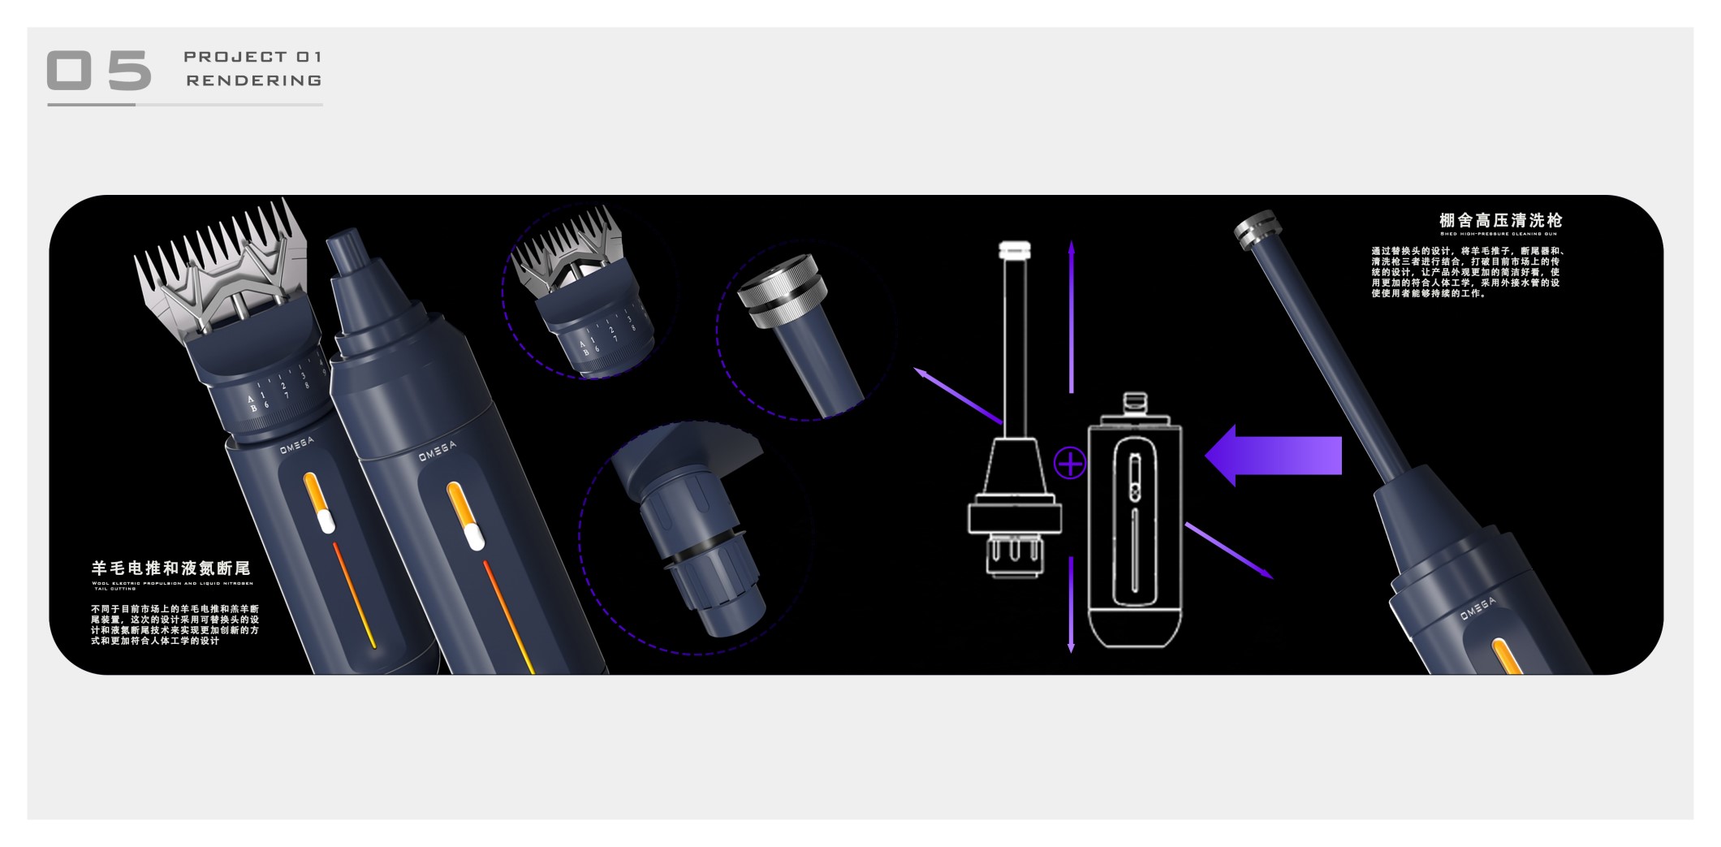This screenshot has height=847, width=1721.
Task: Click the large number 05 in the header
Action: [99, 70]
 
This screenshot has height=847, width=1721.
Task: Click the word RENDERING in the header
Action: [254, 80]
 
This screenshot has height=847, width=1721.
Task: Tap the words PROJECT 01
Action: [252, 57]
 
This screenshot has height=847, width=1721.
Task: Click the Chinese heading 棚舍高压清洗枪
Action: [1500, 220]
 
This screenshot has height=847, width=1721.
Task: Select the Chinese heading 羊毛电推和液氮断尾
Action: [170, 568]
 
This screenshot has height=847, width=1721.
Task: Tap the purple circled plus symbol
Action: [1070, 464]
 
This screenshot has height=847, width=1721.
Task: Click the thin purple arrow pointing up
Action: [1072, 317]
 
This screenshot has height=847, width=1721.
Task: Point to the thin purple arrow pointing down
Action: [1072, 605]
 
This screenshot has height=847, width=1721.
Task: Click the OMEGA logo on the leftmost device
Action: [297, 446]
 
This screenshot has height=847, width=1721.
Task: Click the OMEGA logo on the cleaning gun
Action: [1477, 609]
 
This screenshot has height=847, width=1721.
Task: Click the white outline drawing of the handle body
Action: [1135, 528]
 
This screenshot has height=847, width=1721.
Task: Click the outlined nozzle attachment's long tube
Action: [1013, 341]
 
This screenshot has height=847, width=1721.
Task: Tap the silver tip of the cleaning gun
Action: [1255, 225]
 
